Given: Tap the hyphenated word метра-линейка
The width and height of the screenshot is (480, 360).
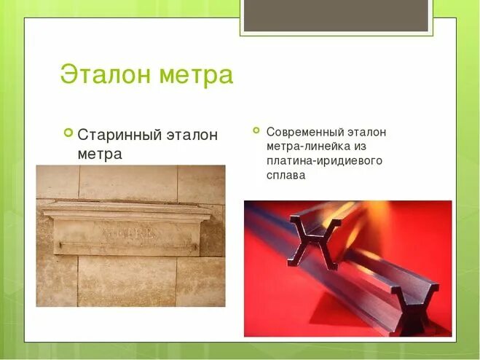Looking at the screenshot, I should click(307, 146).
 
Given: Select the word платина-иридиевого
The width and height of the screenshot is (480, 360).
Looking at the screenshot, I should click(320, 161).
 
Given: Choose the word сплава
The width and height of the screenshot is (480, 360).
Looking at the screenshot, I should click(286, 176).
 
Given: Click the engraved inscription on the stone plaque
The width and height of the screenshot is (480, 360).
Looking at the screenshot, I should click(128, 233).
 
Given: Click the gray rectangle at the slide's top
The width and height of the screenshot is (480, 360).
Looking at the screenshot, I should click(335, 15).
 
